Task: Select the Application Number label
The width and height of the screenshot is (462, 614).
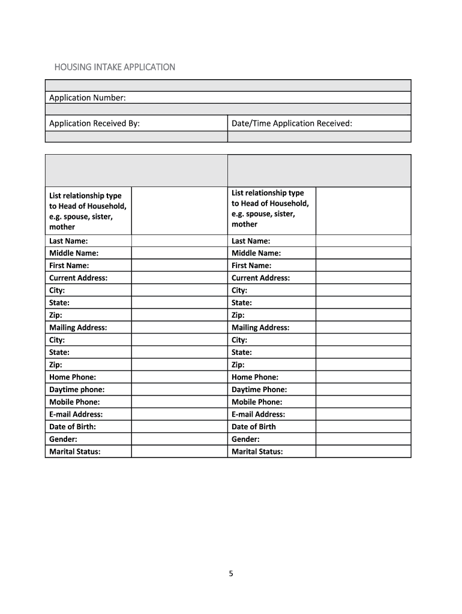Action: [x=88, y=98]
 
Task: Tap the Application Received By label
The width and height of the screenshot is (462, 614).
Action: [x=94, y=124]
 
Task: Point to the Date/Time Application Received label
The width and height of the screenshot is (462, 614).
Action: [x=292, y=124]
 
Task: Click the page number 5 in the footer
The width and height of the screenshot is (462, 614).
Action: [x=230, y=574]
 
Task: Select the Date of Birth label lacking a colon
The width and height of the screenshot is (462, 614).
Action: [x=254, y=427]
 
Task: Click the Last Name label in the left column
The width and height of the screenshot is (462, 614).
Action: [x=68, y=241]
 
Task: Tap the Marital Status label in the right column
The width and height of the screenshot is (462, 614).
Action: [x=257, y=452]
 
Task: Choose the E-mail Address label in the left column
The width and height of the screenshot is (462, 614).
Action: [x=76, y=414]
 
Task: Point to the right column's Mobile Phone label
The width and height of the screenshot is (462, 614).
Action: [x=257, y=402]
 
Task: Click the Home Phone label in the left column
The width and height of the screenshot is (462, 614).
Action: [x=73, y=377]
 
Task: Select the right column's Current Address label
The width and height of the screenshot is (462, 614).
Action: [x=260, y=278]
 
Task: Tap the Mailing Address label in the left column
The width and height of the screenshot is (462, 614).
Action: [x=78, y=328]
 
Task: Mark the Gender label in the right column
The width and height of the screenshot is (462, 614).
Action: [x=245, y=440]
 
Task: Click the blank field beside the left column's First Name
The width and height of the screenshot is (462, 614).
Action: [x=179, y=266]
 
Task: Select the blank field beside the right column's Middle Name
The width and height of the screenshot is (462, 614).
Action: [x=363, y=253]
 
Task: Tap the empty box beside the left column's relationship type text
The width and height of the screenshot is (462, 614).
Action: [x=179, y=211]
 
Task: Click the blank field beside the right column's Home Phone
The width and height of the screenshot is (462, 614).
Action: [x=363, y=377]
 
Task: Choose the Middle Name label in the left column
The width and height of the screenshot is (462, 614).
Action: [x=74, y=253]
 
